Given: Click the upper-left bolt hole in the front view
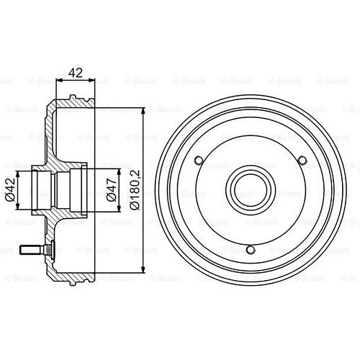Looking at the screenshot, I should (199, 160).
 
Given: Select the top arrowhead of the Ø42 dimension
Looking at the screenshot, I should (20, 174).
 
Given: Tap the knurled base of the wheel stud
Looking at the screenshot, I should (42, 250).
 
